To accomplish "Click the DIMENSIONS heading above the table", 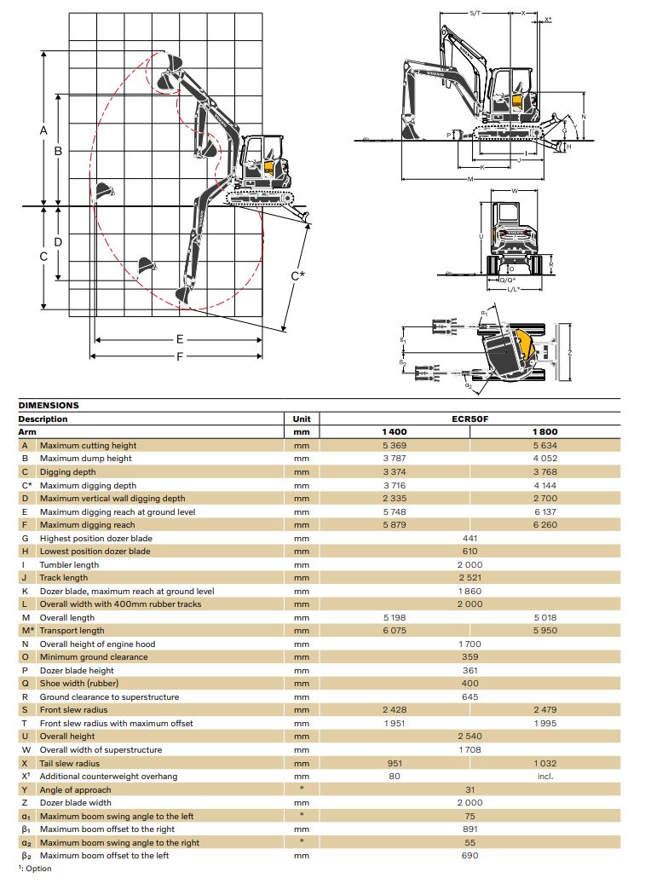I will (49, 406).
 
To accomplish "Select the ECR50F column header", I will (470, 419).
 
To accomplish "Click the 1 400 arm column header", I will (395, 432).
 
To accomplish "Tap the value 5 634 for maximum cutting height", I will (545, 445).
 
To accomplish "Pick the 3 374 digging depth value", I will (395, 471).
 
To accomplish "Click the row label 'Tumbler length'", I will (69, 564).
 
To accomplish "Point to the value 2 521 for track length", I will (470, 578).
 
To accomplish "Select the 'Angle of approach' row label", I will (75, 789).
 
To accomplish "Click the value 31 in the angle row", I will (470, 789).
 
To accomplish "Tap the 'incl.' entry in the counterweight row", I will (545, 777).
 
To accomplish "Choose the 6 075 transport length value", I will (395, 631).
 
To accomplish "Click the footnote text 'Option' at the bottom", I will (37, 869).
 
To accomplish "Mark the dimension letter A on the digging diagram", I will (43, 130).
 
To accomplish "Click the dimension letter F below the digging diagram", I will (179, 356).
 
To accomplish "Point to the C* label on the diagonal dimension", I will (297, 275).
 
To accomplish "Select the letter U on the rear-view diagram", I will (482, 236).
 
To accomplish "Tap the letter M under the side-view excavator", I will (470, 179).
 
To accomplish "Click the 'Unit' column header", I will (301, 419).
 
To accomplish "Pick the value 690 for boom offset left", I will (470, 855).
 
